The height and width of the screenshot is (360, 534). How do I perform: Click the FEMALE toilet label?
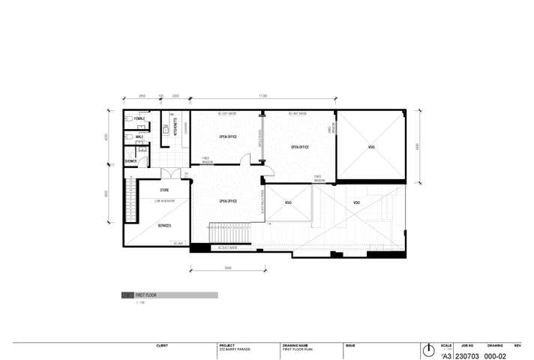[139, 118]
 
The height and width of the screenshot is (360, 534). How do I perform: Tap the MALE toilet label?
[139, 136]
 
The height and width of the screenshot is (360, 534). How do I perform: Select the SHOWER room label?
[131, 160]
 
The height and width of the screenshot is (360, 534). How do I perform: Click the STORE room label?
[164, 190]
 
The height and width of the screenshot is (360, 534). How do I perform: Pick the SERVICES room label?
[164, 226]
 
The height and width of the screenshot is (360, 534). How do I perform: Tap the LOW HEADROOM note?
[164, 201]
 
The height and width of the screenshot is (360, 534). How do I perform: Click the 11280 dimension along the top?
[263, 96]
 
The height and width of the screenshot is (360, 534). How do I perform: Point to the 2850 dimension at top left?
[142, 96]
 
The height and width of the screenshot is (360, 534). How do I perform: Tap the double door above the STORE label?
[172, 174]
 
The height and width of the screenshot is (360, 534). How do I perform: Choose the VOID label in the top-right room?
[371, 147]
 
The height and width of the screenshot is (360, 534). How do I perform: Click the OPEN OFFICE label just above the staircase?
[228, 201]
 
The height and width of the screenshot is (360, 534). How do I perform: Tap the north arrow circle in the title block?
[428, 351]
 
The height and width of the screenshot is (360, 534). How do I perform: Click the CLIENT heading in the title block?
[162, 346]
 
